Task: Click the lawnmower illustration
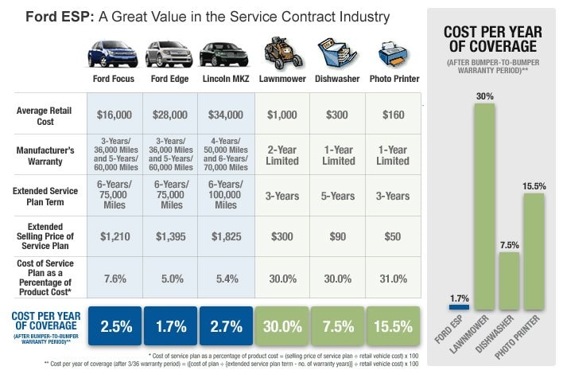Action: click(x=282, y=53)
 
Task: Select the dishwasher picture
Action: click(x=337, y=53)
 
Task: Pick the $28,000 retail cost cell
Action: click(x=170, y=115)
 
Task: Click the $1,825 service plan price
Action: click(x=225, y=236)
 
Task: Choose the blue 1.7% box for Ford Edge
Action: click(x=170, y=326)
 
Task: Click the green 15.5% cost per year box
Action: click(x=392, y=326)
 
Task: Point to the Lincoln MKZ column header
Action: click(x=225, y=79)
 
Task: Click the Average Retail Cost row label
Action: click(x=49, y=115)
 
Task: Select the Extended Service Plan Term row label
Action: click(x=49, y=196)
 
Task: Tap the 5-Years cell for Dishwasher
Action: click(x=337, y=196)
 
